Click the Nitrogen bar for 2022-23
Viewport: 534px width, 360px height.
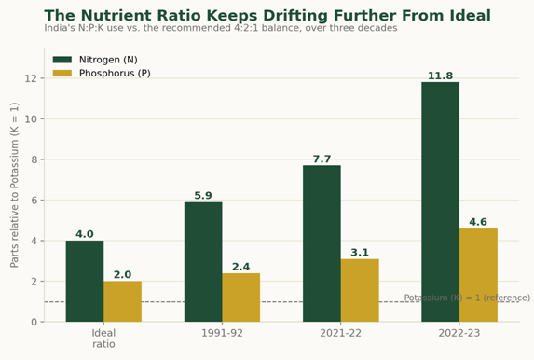click(x=441, y=201)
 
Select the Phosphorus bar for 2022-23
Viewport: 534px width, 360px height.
click(x=478, y=275)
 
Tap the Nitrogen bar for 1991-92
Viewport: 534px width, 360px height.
click(x=203, y=262)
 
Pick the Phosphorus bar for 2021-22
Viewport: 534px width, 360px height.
click(x=360, y=290)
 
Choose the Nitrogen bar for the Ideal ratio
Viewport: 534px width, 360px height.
click(x=85, y=282)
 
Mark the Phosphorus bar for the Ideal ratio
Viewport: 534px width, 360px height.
click(x=123, y=301)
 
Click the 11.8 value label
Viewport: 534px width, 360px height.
click(x=441, y=76)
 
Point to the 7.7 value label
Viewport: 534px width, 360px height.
click(x=322, y=159)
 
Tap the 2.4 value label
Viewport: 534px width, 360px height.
click(x=241, y=267)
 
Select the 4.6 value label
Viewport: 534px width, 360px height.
click(x=478, y=222)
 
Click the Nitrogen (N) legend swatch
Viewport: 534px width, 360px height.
click(x=62, y=60)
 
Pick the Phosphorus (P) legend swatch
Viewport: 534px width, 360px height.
click(x=62, y=74)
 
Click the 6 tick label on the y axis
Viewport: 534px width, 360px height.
click(x=34, y=201)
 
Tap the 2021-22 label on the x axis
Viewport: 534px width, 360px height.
click(x=340, y=333)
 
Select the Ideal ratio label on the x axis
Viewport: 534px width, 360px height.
click(x=103, y=339)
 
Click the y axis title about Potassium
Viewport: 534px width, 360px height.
click(x=14, y=185)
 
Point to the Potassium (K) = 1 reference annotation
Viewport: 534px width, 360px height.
click(x=467, y=298)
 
